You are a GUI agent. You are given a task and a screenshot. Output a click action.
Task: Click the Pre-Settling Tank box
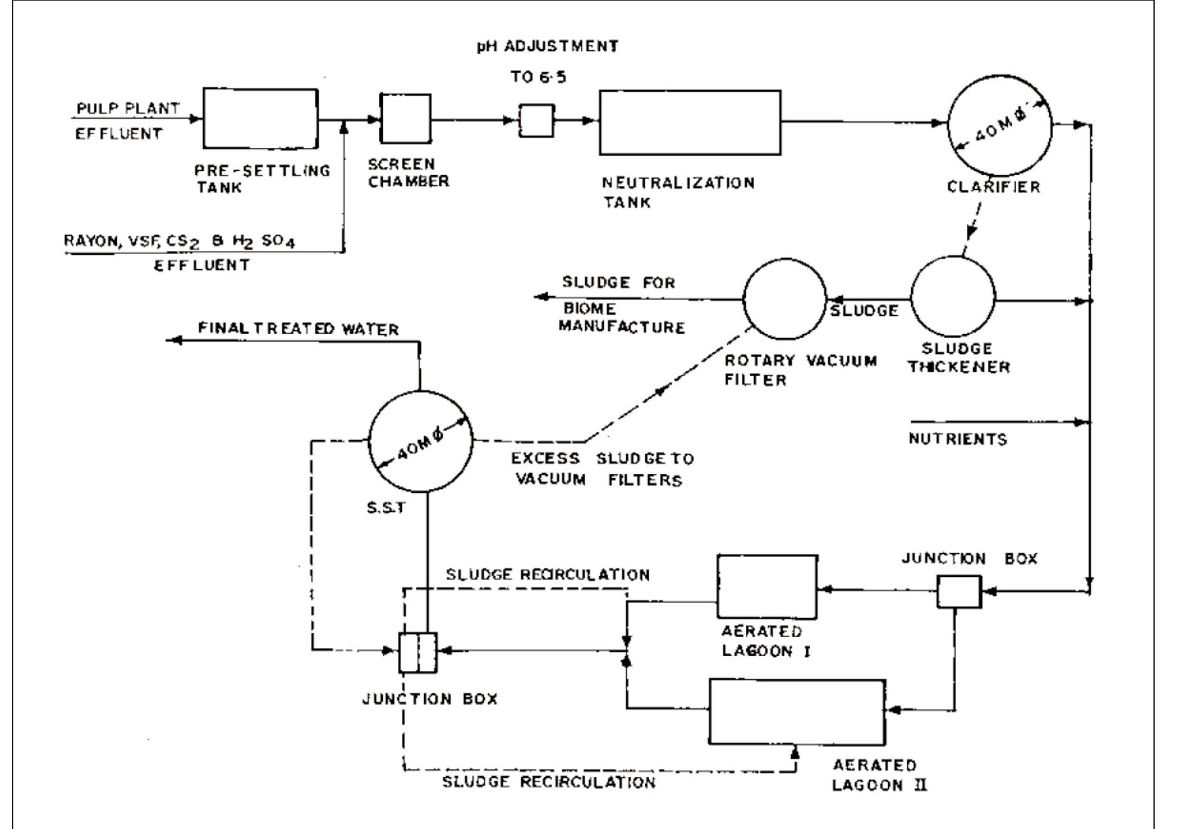pyautogui.click(x=260, y=119)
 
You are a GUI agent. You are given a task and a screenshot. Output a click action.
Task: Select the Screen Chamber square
pyautogui.click(x=404, y=118)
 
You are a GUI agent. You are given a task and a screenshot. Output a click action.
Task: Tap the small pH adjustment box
pyautogui.click(x=536, y=121)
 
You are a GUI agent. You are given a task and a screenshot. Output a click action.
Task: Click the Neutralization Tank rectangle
pyautogui.click(x=690, y=123)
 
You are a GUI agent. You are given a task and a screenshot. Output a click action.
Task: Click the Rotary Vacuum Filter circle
pyautogui.click(x=785, y=299)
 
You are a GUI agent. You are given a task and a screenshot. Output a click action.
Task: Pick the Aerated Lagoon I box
pyautogui.click(x=767, y=586)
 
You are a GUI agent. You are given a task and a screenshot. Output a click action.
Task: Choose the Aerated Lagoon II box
pyautogui.click(x=797, y=711)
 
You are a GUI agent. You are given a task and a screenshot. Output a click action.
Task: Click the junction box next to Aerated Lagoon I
pyautogui.click(x=959, y=591)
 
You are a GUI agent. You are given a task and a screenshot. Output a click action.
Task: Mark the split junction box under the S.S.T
pyautogui.click(x=418, y=652)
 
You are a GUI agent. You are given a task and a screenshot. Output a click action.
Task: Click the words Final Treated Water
pyautogui.click(x=298, y=329)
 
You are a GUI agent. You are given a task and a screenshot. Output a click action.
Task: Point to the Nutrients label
pyautogui.click(x=957, y=440)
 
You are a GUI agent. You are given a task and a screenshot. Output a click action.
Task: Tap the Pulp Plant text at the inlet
pyautogui.click(x=128, y=109)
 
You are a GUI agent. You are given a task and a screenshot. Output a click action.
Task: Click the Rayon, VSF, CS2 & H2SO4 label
pyautogui.click(x=180, y=242)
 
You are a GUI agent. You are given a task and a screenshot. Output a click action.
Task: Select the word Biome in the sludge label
pyautogui.click(x=590, y=309)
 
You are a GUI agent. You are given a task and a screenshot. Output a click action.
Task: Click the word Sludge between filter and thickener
pyautogui.click(x=864, y=311)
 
